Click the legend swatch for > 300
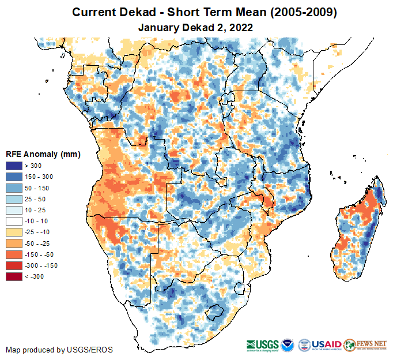coord(14,166)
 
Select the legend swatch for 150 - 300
coord(14,177)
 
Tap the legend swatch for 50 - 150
coord(14,188)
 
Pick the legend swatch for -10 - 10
coord(14,221)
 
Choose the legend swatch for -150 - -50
coord(14,254)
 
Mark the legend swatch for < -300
coord(14,276)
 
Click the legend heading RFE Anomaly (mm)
coord(43,154)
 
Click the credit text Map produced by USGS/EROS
coord(59,350)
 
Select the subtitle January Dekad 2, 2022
coord(196,27)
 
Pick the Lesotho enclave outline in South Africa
coord(216,312)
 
